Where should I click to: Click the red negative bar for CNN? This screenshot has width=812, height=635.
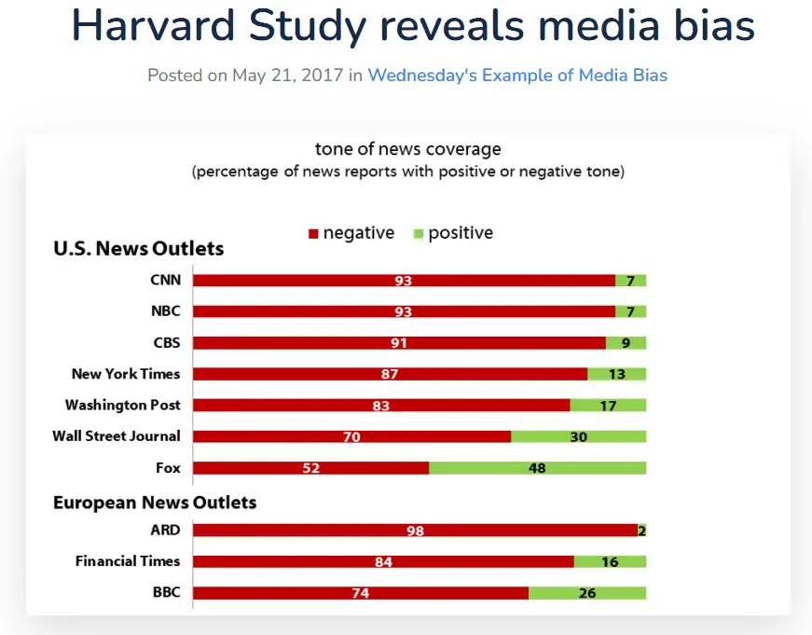[x=404, y=281]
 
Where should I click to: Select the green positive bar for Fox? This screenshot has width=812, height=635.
[x=537, y=468]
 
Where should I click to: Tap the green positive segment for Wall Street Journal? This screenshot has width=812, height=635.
[x=578, y=436]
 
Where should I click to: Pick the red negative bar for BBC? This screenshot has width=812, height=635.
[x=361, y=593]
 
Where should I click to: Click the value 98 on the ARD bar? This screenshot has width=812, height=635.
[x=415, y=531]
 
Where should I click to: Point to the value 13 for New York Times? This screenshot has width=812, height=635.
[x=616, y=374]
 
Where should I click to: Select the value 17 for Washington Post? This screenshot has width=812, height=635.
[x=607, y=406]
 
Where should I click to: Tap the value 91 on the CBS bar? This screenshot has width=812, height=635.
[x=399, y=343]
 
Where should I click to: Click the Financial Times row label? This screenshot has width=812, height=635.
[x=128, y=561]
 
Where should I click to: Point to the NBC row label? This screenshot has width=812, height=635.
[x=165, y=311]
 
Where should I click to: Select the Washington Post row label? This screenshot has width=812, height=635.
[x=122, y=406]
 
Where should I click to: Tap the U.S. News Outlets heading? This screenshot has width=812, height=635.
[x=139, y=249]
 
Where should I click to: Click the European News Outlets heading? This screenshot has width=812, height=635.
[x=155, y=503]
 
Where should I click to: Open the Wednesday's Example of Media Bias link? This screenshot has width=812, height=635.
[x=517, y=76]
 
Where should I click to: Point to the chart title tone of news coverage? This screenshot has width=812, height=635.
[x=407, y=149]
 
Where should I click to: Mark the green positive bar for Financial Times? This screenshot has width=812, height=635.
[x=610, y=561]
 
